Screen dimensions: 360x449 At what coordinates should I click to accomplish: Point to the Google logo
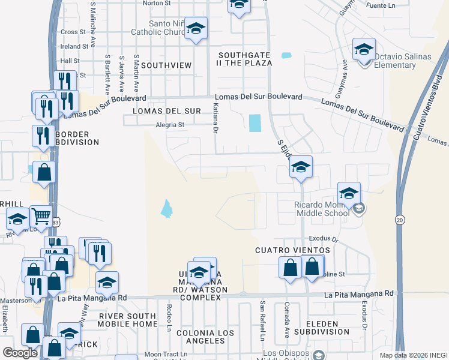pos(20,353)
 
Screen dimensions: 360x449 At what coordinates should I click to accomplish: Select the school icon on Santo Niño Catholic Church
pos(196,29)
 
